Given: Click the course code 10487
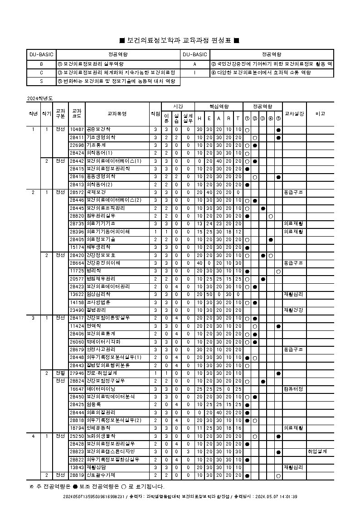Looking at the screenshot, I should point(77,130).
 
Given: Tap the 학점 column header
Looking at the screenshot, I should point(155,114).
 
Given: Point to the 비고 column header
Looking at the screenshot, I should point(320,114).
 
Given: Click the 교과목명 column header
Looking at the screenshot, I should point(117,114).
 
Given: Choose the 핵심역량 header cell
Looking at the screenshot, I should point(219,106).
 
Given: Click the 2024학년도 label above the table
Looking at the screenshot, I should point(40,98).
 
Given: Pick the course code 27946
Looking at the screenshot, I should point(77,373).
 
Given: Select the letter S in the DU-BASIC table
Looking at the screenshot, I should point(41,82).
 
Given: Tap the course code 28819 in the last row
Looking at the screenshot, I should point(77,475).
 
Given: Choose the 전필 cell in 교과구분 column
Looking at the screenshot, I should point(60,373).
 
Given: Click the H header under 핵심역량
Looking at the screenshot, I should point(199,118).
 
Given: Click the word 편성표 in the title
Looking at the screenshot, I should point(222,41).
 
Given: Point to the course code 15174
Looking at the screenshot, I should point(77,247).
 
